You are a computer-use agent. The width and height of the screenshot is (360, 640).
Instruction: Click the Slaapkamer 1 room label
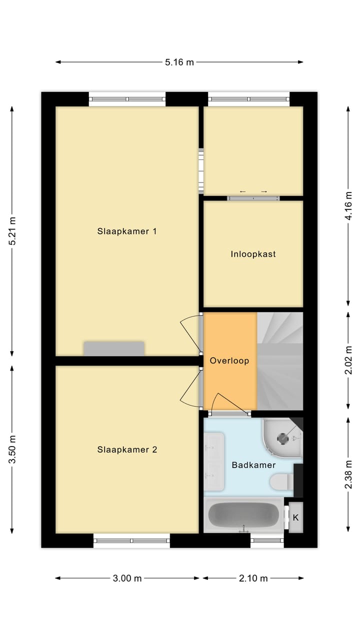point(127,231)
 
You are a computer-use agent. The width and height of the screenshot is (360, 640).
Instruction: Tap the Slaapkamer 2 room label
point(127,449)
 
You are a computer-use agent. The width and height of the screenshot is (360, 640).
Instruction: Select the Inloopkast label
point(253,254)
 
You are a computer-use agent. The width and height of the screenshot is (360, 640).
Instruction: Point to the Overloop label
point(229,360)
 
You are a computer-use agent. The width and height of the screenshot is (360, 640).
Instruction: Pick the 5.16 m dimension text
point(179,62)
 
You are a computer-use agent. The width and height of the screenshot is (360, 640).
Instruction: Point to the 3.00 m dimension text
point(127,578)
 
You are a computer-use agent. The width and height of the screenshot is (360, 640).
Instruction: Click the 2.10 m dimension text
point(253,578)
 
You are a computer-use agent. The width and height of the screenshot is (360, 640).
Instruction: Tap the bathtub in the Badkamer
point(243,515)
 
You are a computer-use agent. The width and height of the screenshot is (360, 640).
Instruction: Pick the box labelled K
point(295,517)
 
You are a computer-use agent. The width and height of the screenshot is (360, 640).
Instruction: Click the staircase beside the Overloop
point(280,360)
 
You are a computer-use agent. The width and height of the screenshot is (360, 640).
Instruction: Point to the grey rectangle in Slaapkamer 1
point(114,348)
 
